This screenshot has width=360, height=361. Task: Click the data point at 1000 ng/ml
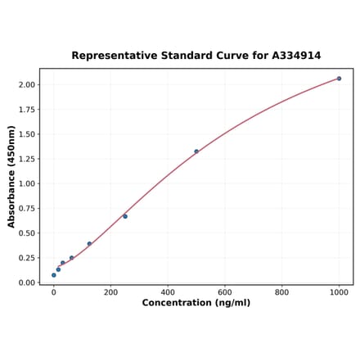[339, 79]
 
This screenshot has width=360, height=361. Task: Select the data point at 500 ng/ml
[196, 151]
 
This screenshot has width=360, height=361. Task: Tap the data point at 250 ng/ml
[125, 216]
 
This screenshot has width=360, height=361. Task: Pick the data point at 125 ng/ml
[89, 244]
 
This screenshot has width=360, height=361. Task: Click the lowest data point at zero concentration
[54, 275]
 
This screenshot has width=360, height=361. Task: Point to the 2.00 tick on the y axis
[26, 84]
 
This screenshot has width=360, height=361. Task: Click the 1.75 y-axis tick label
[26, 109]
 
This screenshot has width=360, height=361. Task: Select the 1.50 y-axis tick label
[26, 134]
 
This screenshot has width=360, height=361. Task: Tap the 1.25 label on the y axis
[26, 159]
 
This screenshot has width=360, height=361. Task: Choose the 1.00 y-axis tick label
[26, 183]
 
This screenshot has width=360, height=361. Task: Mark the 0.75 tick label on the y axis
[26, 208]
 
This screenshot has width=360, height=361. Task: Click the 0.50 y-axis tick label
[26, 233]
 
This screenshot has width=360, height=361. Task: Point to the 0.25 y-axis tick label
[26, 258]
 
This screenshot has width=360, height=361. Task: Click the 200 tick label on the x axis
[110, 291]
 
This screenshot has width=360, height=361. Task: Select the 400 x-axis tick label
[168, 291]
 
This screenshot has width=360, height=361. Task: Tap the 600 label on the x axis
[225, 291]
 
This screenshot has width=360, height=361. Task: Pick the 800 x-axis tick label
[281, 291]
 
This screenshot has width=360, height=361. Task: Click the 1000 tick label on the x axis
[339, 291]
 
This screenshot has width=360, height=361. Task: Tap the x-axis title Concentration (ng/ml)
[196, 304]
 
